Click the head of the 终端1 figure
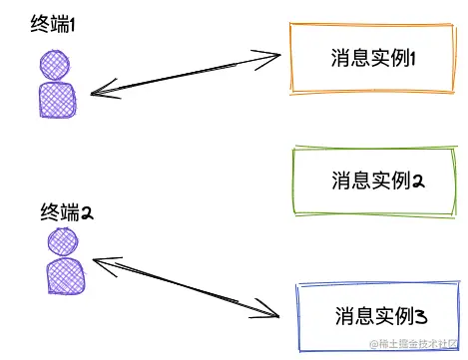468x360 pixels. [56, 67]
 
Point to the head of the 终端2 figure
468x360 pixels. [62, 241]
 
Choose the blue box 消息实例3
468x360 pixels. [380, 316]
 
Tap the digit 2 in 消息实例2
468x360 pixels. [420, 181]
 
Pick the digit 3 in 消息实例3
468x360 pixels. [421, 317]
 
